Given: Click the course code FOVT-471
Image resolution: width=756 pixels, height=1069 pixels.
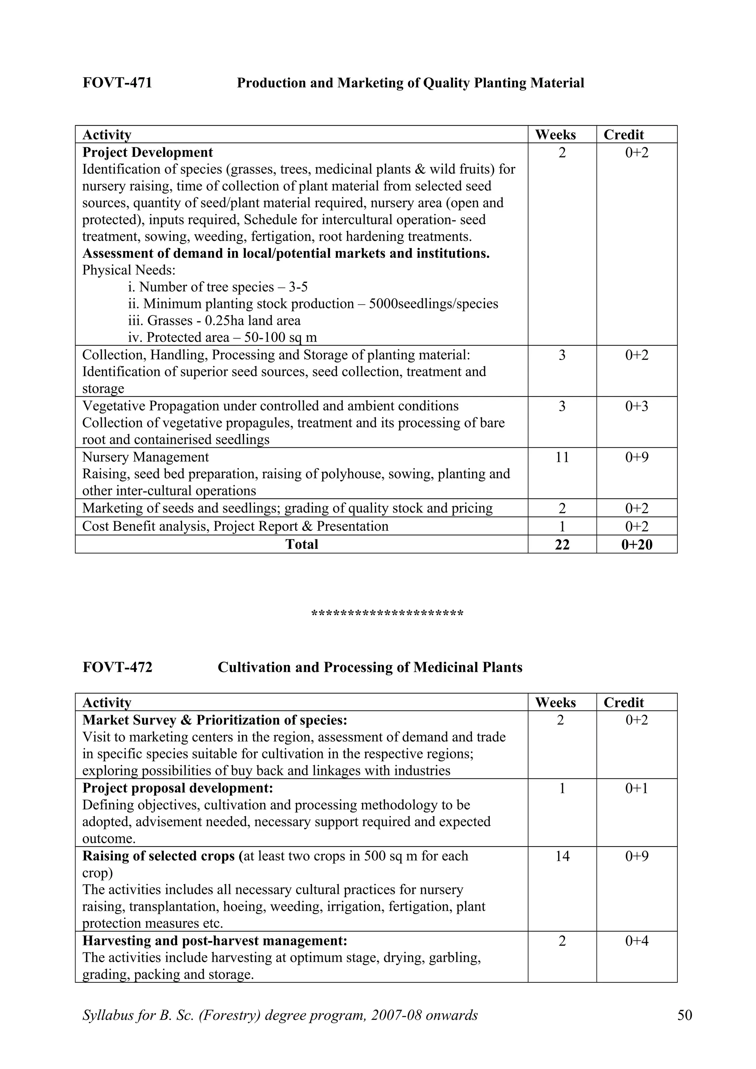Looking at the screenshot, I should pyautogui.click(x=117, y=83).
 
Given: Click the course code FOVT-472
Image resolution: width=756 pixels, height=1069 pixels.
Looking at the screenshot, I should pyautogui.click(x=117, y=667).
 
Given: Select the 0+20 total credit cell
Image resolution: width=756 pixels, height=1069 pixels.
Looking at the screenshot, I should pyautogui.click(x=636, y=544).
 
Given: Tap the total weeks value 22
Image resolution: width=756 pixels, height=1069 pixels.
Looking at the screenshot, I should pyautogui.click(x=562, y=544).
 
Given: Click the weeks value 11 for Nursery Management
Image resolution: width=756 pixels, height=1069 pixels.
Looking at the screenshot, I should pyautogui.click(x=562, y=457).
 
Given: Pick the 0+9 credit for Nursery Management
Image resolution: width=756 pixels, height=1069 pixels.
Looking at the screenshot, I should pyautogui.click(x=636, y=457).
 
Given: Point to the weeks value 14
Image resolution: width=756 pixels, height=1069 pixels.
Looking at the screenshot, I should pyautogui.click(x=562, y=856).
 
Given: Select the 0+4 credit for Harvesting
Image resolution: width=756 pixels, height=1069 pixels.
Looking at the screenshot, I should pyautogui.click(x=636, y=941).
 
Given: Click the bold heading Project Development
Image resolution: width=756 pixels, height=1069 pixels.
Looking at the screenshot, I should pyautogui.click(x=147, y=152).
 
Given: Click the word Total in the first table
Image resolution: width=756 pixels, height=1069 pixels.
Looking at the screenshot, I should pyautogui.click(x=301, y=544).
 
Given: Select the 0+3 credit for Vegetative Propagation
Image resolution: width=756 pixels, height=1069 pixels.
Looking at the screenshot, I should pyautogui.click(x=636, y=406).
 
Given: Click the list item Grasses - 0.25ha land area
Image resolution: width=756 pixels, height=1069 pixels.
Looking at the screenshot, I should pyautogui.click(x=214, y=321).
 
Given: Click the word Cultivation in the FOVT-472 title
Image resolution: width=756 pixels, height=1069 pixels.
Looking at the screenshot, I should pyautogui.click(x=254, y=667).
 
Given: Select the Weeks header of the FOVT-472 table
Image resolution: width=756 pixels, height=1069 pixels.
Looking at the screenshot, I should pyautogui.click(x=555, y=703).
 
